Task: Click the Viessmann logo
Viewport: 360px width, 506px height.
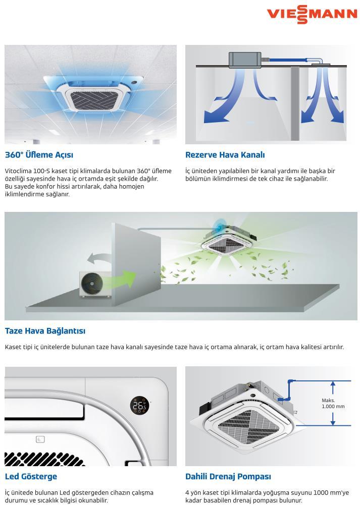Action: coord(312,15)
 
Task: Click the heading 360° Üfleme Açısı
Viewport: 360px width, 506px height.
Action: coord(39,155)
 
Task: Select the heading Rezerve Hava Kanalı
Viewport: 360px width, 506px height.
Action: coord(225,155)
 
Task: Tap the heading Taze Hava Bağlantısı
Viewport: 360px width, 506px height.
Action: coord(45,331)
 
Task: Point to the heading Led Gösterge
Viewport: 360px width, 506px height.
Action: coord(31,476)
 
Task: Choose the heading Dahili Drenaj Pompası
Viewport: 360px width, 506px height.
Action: coord(228,476)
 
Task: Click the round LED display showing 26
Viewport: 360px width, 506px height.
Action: coord(139,406)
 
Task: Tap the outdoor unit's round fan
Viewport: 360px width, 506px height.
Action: coord(92,284)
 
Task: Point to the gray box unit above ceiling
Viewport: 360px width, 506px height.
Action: coord(245,60)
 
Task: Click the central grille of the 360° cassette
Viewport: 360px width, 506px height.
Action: coord(93,100)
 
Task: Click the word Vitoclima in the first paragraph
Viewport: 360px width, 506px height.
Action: coord(18,171)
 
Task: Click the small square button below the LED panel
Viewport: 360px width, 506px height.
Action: coord(40,439)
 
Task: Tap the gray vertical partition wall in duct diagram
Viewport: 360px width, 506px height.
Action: coord(295,103)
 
